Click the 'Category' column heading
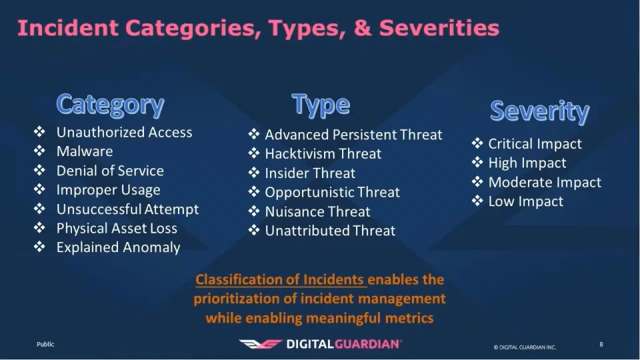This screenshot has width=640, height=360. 110,105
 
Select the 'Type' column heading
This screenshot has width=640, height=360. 321,105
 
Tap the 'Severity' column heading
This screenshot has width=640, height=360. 539,111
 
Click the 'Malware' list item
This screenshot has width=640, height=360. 85,151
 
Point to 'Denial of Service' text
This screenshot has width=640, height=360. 110,171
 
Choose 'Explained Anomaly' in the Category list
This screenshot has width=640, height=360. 119,247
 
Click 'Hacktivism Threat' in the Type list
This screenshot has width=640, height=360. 323,154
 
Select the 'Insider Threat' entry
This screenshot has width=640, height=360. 310,173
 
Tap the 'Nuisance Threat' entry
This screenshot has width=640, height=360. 317,211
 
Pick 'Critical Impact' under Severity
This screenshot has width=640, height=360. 535,144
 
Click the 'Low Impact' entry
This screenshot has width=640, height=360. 526,201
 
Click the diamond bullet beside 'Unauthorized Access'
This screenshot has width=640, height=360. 39,131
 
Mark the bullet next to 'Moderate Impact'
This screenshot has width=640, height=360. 477,181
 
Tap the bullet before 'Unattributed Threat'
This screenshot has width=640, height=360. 254,230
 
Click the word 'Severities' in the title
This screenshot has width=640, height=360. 439,28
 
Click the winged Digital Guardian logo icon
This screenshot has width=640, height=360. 261,344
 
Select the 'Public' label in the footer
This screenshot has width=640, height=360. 45,344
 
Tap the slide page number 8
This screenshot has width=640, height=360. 601,345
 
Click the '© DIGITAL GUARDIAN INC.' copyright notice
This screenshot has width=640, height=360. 525,347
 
